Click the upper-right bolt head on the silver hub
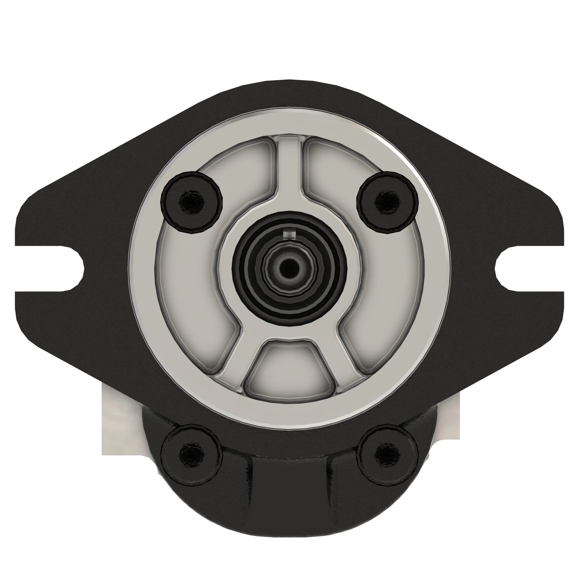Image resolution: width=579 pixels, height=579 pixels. tap(388, 202)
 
